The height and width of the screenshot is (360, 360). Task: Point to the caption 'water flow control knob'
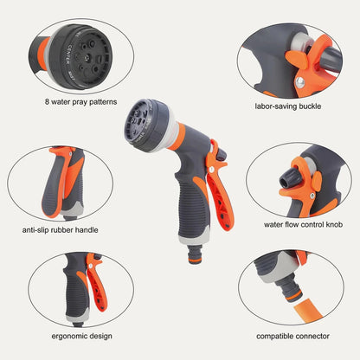(299, 223)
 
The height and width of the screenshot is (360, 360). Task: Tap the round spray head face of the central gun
(144, 120)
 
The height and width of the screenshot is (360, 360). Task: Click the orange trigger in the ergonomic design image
(95, 290)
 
